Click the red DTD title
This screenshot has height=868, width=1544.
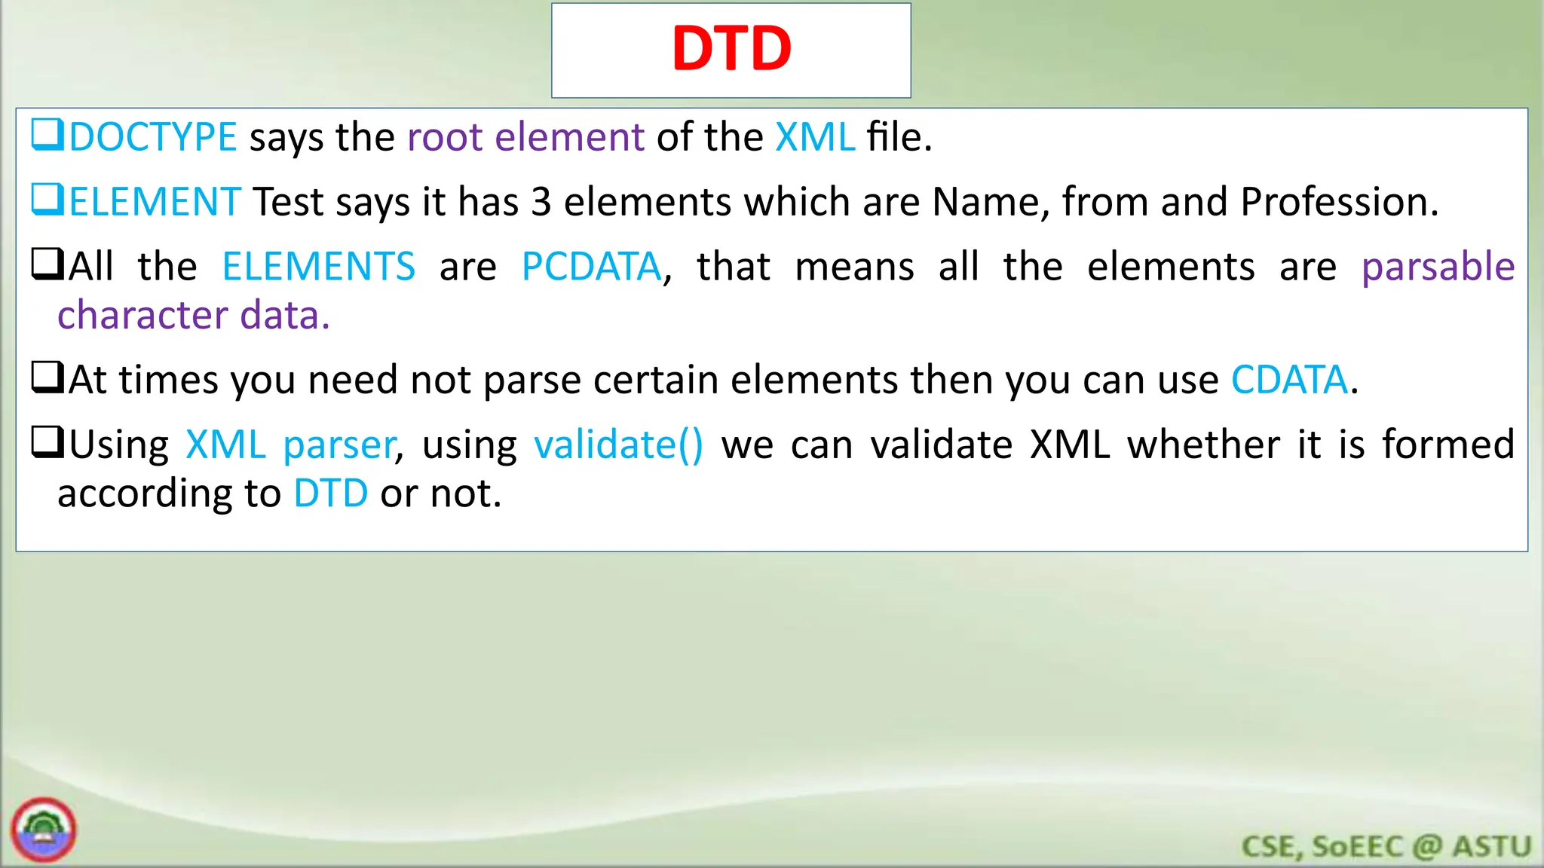pyautogui.click(x=731, y=49)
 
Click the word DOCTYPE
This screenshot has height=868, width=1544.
pyautogui.click(x=153, y=137)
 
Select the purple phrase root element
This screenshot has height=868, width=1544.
pyautogui.click(x=525, y=137)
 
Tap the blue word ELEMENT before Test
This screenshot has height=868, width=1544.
pyautogui.click(x=155, y=202)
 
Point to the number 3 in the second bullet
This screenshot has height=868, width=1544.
pyautogui.click(x=541, y=202)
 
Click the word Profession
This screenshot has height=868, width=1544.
pyautogui.click(x=1339, y=202)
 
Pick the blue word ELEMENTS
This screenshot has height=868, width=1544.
pyautogui.click(x=318, y=267)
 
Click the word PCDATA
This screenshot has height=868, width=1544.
pyautogui.click(x=591, y=267)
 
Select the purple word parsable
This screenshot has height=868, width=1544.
pyautogui.click(x=1438, y=267)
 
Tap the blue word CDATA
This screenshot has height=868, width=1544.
pyautogui.click(x=1289, y=380)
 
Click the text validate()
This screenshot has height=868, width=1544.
pyautogui.click(x=618, y=445)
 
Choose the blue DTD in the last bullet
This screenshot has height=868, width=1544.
pyautogui.click(x=330, y=494)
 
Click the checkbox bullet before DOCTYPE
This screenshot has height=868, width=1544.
pyautogui.click(x=47, y=135)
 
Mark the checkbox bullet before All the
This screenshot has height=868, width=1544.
pyautogui.click(x=47, y=264)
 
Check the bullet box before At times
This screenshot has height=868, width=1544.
pyautogui.click(x=47, y=377)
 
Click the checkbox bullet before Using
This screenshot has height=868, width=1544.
pyautogui.click(x=47, y=442)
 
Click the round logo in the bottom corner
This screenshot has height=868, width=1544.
pyautogui.click(x=44, y=830)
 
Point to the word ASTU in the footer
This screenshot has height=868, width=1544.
pyautogui.click(x=1492, y=847)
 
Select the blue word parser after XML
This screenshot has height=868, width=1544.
pyautogui.click(x=339, y=445)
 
